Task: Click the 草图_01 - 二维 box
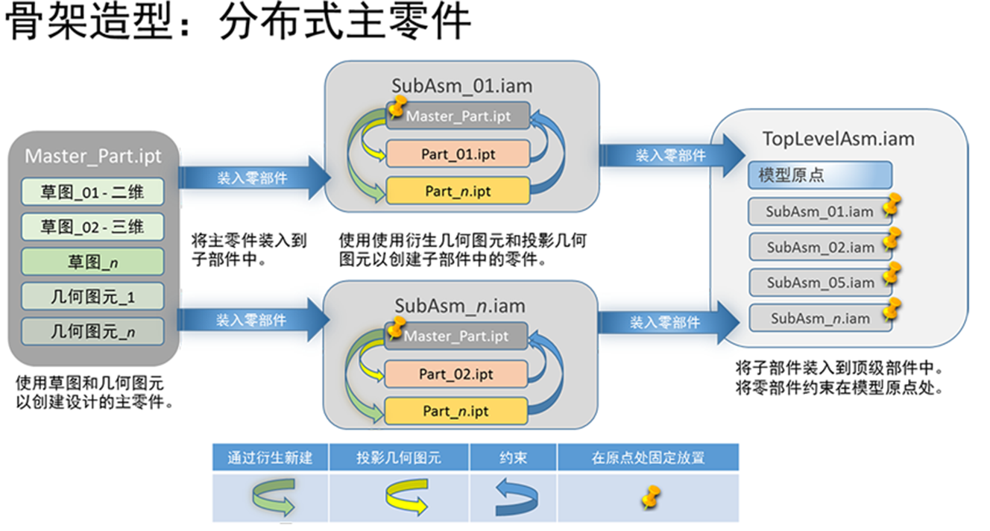[x=92, y=192]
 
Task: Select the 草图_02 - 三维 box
[x=92, y=226]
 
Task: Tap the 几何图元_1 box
[x=92, y=295]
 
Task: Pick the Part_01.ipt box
[x=458, y=154]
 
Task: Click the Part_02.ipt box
[x=455, y=374]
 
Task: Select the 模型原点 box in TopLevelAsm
[x=819, y=175]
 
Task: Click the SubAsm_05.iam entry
[x=820, y=283]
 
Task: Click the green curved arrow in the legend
[x=271, y=497]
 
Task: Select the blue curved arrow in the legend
[x=514, y=497]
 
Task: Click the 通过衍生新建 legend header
[x=270, y=457]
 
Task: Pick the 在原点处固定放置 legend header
[x=648, y=457]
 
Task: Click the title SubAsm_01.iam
[x=461, y=86]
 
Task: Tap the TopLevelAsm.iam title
[x=838, y=139]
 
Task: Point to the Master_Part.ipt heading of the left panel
[x=92, y=156]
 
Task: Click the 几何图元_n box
[x=92, y=330]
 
